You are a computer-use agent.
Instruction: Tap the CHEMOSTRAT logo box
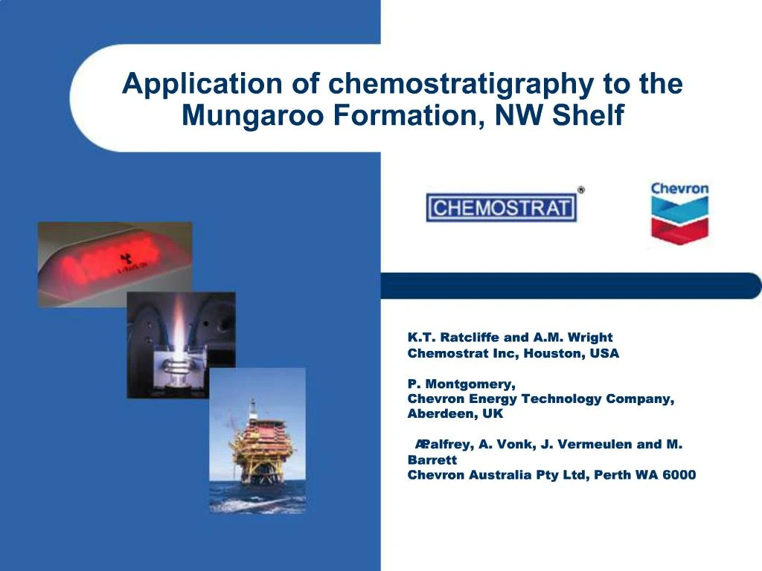[x=501, y=207]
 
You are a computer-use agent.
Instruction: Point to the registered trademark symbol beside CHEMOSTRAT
[x=581, y=190]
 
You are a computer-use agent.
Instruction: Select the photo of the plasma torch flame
[x=181, y=344]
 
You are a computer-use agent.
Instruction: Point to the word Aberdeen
[x=438, y=413]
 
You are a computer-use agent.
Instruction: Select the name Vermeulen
[x=594, y=445]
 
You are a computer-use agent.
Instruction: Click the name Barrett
[x=432, y=459]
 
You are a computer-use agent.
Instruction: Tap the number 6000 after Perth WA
[x=679, y=475]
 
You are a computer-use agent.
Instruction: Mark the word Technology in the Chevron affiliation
[x=561, y=399]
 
